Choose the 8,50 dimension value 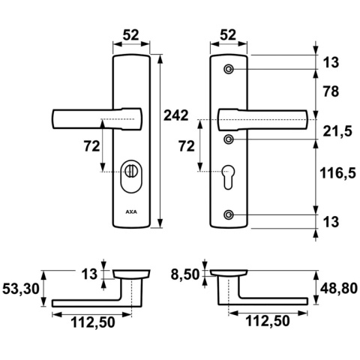click(x=186, y=274)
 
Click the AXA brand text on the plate click(x=133, y=212)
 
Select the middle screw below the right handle click(x=229, y=139)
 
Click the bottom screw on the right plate click(x=229, y=216)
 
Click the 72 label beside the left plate click(x=91, y=147)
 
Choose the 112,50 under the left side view click(x=94, y=324)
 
